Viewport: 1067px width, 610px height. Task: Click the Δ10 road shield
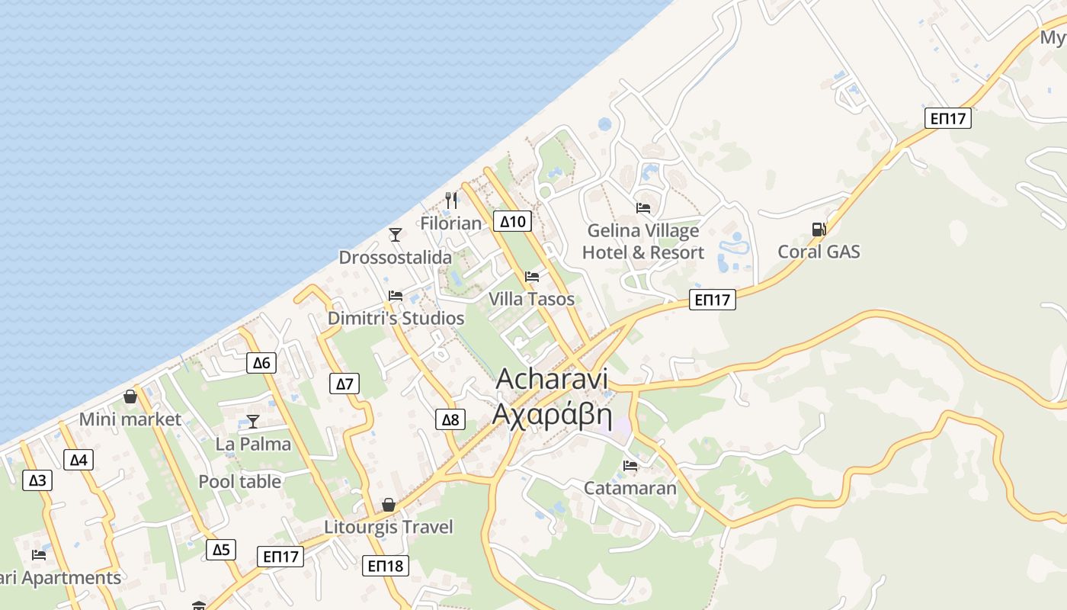tap(513, 222)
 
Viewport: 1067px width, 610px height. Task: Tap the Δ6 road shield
tap(261, 363)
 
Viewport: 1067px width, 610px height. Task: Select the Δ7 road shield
tap(345, 384)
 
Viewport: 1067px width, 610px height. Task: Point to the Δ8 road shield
tap(450, 419)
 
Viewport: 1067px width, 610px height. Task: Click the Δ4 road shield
tap(79, 460)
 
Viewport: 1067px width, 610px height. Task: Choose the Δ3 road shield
tap(37, 480)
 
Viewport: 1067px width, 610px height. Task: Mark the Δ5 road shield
tap(221, 550)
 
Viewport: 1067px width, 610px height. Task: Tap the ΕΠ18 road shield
tap(386, 566)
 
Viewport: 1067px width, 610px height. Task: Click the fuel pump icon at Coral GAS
tap(819, 229)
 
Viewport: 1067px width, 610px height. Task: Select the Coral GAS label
tap(819, 252)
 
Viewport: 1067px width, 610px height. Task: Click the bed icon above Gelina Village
tap(643, 207)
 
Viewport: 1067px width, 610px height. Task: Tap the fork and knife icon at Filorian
tap(451, 201)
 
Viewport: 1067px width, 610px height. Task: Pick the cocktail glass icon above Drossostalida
tap(396, 235)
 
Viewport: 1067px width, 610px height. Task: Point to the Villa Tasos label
tap(531, 299)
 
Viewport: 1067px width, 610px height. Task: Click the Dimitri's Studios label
tap(396, 318)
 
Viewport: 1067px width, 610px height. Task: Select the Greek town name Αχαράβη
tap(553, 414)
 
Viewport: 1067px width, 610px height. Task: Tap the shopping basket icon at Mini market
tap(130, 397)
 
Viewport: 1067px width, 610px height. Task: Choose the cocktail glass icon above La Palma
tap(253, 422)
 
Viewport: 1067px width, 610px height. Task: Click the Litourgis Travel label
tap(389, 527)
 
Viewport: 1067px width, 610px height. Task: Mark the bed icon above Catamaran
tap(630, 466)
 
